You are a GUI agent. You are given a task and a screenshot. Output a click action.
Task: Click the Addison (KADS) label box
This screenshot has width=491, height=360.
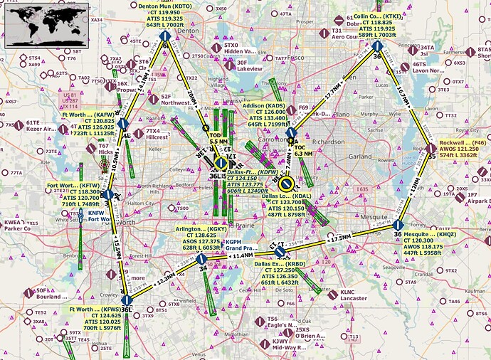(265, 114)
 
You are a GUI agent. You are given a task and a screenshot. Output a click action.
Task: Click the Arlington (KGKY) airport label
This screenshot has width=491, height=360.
(201, 238)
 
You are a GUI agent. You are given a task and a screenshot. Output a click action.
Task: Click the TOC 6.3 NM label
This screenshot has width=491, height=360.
(303, 150)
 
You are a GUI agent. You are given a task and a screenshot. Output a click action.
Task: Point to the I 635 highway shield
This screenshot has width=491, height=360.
(363, 189)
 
